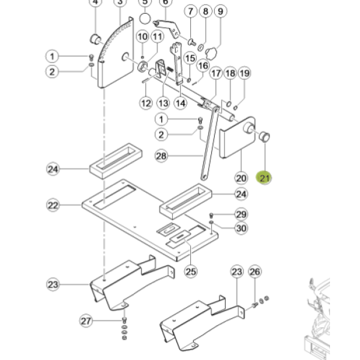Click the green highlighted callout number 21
265,178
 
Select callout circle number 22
53,206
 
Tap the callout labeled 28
161,156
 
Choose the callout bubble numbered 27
86,321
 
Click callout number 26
255,272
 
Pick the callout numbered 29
241,214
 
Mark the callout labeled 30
241,227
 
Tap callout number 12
146,103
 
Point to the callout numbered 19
244,73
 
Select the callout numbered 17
215,73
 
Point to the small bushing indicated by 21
263,136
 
